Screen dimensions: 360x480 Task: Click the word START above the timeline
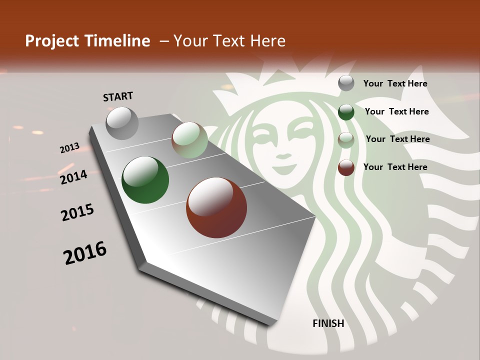click(x=118, y=96)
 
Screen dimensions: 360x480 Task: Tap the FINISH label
click(x=328, y=323)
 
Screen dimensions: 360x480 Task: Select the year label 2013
click(x=70, y=148)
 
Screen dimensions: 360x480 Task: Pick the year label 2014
click(x=74, y=177)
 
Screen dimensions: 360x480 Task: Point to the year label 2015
click(x=77, y=212)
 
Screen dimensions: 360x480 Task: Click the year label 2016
click(x=85, y=252)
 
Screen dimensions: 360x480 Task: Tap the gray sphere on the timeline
click(x=122, y=123)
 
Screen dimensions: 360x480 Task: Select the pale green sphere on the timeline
click(x=189, y=140)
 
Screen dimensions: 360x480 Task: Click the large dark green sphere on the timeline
click(x=145, y=180)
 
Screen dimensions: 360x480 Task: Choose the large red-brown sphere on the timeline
click(x=216, y=207)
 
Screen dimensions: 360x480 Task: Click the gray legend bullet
click(x=346, y=83)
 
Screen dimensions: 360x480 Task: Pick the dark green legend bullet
click(x=346, y=112)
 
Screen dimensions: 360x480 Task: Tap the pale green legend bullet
click(x=346, y=139)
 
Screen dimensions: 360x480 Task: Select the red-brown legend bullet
click(x=346, y=167)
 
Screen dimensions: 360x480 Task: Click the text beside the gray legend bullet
click(x=395, y=83)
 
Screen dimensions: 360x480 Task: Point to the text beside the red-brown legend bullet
click(x=395, y=167)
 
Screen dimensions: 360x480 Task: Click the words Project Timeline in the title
click(x=87, y=41)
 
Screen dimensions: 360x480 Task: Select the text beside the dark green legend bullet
click(x=396, y=111)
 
